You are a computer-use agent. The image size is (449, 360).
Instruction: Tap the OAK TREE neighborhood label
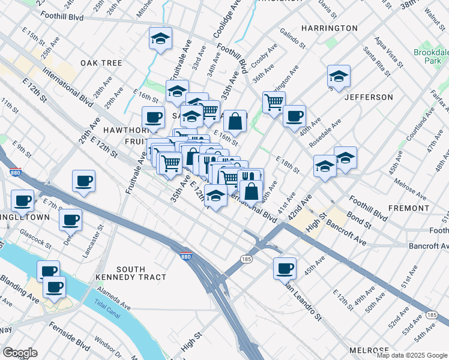pyautogui.click(x=101, y=63)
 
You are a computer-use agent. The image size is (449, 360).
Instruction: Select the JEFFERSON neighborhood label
pyautogui.click(x=369, y=97)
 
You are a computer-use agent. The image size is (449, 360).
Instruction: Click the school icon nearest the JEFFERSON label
pyautogui.click(x=339, y=76)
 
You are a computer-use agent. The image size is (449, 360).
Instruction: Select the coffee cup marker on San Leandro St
pyautogui.click(x=285, y=268)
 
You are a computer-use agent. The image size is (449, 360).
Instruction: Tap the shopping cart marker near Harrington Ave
pyautogui.click(x=274, y=101)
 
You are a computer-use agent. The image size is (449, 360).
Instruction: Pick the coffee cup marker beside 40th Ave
pyautogui.click(x=294, y=116)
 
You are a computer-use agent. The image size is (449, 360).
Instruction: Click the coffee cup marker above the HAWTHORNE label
pyautogui.click(x=152, y=116)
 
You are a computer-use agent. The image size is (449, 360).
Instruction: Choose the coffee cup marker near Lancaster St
pyautogui.click(x=71, y=220)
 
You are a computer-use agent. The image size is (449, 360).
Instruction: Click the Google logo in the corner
pyautogui.click(x=19, y=353)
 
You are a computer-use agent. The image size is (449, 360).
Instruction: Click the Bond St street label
pyautogui.click(x=360, y=220)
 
